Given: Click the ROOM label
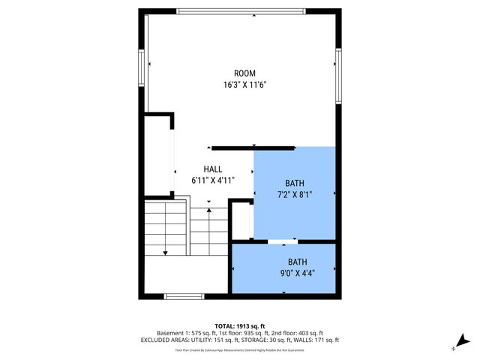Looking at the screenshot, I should (244, 73).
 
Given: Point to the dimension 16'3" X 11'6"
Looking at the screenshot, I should (244, 85).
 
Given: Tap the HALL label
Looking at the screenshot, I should (213, 169).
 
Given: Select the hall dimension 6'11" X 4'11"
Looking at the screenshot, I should (213, 180).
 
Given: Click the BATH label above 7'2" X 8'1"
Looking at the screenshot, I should (295, 184).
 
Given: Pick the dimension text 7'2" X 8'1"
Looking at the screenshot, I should (295, 194).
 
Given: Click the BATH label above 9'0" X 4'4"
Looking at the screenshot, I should (298, 262).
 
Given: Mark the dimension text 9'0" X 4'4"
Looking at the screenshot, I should (298, 273).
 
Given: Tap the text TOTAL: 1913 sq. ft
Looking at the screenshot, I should (239, 326).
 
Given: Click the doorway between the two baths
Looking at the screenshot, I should (283, 241).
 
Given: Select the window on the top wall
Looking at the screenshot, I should (241, 10).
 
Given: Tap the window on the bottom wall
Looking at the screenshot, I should (184, 296).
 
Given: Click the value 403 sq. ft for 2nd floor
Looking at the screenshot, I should (309, 333).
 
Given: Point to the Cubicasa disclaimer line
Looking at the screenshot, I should (239, 349).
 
